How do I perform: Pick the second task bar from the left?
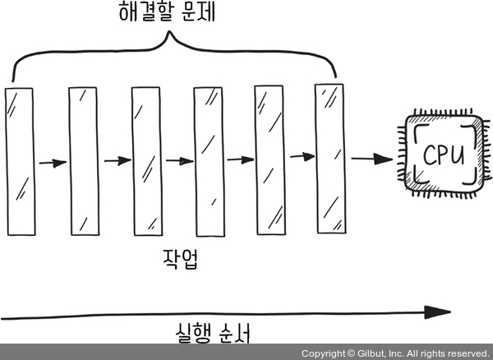tap(83, 159)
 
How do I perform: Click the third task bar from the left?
tap(145, 159)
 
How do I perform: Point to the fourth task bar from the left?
tap(208, 159)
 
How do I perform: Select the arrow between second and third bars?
tap(116, 160)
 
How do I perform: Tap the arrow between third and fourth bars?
tap(178, 161)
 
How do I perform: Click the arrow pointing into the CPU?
tap(369, 159)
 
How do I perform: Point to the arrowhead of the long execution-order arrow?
tap(440, 312)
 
